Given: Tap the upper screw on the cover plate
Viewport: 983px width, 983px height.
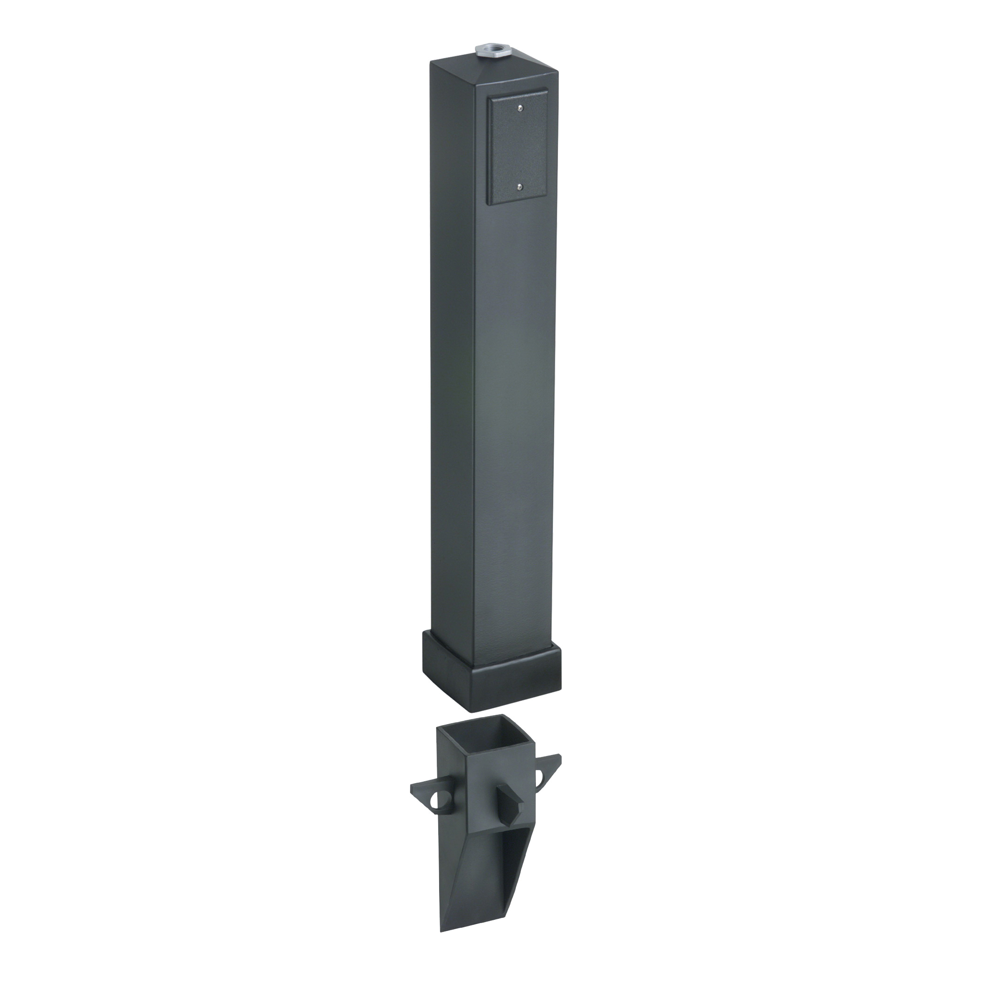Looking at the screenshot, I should click(519, 107).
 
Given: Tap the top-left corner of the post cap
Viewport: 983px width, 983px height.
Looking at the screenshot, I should click(431, 62).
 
